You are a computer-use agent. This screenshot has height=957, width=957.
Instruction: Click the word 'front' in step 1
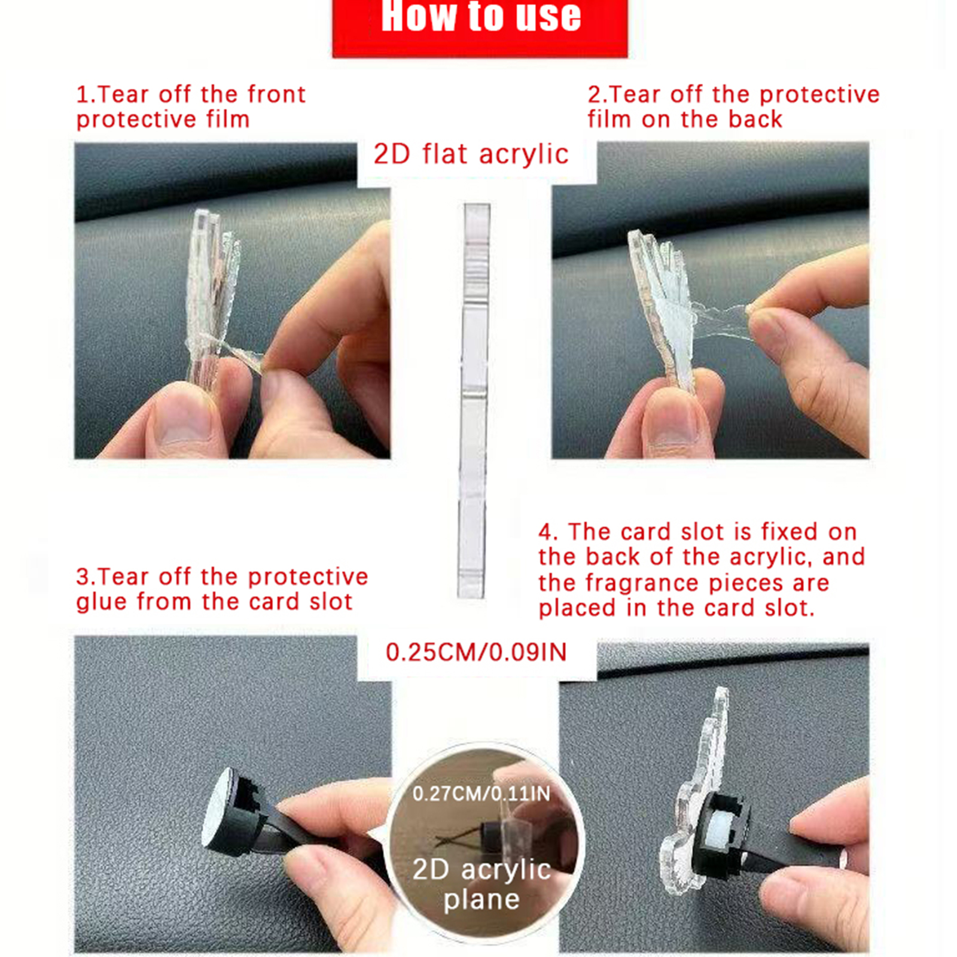point(276,95)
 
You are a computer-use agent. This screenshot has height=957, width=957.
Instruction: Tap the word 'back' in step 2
point(755,120)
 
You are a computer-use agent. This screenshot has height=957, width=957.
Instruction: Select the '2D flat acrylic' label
point(471,154)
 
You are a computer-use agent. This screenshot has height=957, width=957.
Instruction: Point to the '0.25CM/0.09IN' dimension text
point(476,652)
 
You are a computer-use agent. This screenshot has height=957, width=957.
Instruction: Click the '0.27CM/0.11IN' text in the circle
point(481,794)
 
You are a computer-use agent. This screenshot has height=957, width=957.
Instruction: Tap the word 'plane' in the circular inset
point(481,900)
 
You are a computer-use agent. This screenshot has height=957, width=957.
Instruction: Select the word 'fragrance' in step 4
point(642,583)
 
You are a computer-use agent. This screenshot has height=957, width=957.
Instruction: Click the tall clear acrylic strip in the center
point(474,401)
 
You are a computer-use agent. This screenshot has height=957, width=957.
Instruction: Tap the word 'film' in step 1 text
point(228,120)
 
